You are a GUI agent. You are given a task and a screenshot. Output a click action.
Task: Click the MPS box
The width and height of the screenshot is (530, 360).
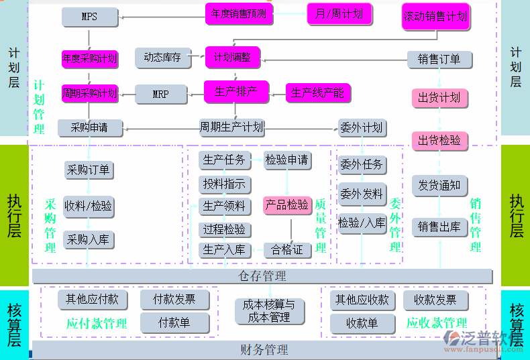tap(89, 17)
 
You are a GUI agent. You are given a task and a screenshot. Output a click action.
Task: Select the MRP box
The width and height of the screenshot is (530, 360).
tap(160, 95)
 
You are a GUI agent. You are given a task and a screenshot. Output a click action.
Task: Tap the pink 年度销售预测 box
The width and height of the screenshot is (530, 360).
tap(240, 13)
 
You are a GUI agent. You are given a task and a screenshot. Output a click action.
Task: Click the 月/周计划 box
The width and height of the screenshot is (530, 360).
tap(339, 13)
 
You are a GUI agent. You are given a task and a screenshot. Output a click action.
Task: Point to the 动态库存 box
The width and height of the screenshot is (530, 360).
tap(162, 58)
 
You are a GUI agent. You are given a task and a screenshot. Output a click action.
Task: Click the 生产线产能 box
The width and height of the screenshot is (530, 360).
tap(318, 93)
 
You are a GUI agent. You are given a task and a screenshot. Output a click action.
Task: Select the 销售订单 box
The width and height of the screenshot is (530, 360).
tap(439, 59)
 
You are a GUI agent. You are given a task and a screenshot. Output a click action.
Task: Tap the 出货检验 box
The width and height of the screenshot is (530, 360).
tap(439, 140)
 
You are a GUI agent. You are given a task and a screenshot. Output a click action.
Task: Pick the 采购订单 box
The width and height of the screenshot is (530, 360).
tap(88, 170)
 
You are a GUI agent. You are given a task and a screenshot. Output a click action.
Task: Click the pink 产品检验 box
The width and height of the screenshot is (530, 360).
tap(287, 204)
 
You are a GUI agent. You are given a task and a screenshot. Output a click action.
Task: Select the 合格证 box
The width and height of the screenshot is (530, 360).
tap(287, 250)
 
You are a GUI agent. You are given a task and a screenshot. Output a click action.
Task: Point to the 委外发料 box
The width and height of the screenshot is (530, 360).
tap(362, 194)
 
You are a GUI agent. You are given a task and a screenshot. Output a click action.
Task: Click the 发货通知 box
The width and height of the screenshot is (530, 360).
tap(439, 185)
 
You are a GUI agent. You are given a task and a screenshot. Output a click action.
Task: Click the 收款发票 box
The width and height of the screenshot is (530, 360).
tap(435, 300)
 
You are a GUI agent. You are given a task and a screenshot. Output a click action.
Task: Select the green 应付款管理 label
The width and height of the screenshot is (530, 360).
tap(97, 323)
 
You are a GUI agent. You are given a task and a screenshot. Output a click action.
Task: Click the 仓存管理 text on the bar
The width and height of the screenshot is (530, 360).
tap(262, 276)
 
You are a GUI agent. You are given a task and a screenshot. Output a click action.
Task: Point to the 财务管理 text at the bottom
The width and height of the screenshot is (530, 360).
tap(264, 349)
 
